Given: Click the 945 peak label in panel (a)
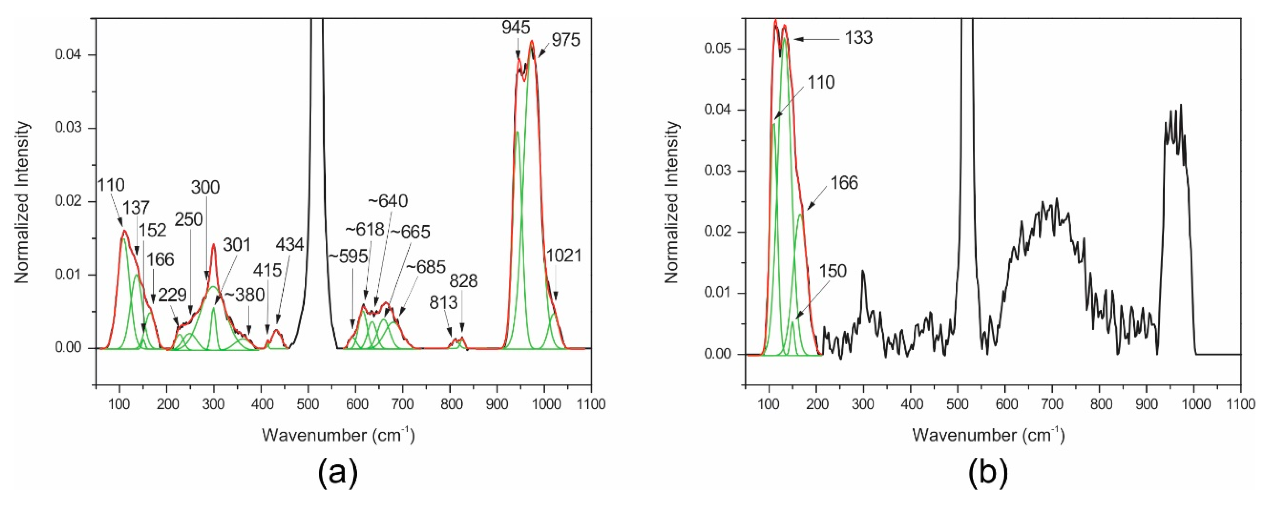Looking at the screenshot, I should pos(516,28).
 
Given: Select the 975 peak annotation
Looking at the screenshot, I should pos(566,40).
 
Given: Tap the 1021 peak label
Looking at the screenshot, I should pos(564,256).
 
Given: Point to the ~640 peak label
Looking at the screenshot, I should pos(388,201).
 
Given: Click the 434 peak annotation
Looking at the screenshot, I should pos(290,244).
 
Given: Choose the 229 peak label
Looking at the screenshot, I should pos(172,295).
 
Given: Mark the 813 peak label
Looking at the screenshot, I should pos(444,303).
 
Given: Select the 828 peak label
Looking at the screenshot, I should pos(463,281).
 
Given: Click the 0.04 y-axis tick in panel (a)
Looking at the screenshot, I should pos(67,55).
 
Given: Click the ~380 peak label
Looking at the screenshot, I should pos(244,295).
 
